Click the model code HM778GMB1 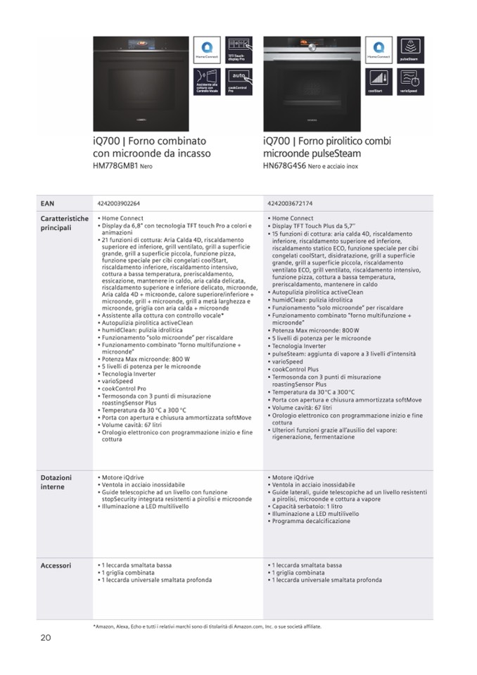[x=115, y=166]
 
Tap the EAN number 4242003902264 [x=119, y=203]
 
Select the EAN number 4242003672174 [x=290, y=203]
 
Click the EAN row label [x=47, y=203]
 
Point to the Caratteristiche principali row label [x=64, y=222]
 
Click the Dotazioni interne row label [x=57, y=481]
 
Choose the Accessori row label [x=56, y=565]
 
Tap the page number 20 [x=46, y=638]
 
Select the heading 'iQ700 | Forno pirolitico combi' [x=326, y=141]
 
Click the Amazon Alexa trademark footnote [x=207, y=626]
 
